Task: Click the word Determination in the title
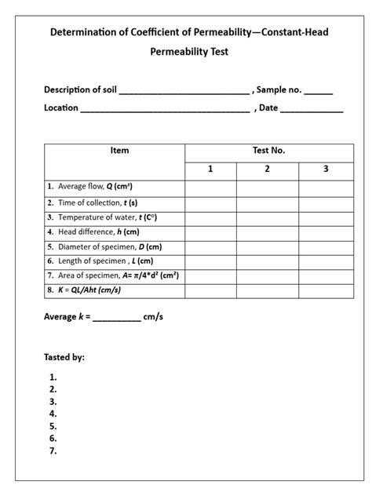(83, 33)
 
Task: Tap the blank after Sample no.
(318, 90)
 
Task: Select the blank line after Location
(166, 108)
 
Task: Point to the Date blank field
(312, 108)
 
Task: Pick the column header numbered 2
(267, 170)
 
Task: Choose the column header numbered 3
(326, 170)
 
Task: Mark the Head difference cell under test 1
(210, 232)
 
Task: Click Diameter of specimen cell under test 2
(267, 246)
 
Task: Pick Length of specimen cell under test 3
(326, 261)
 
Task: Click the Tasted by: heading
(64, 357)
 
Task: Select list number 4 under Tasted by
(53, 414)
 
